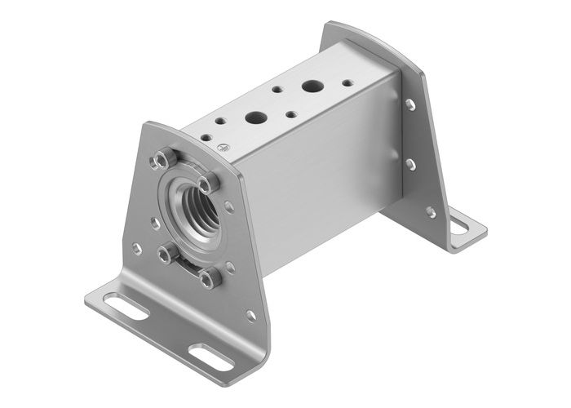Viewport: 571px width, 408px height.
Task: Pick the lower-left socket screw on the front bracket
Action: coord(167,254)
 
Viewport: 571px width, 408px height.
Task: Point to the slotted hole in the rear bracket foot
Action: coord(464,220)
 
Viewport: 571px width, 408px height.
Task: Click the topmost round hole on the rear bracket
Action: coord(409,104)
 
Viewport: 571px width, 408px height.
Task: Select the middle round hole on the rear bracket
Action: coord(409,164)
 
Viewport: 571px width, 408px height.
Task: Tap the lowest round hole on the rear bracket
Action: coord(430,211)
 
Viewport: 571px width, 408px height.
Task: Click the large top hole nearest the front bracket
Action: coord(255,117)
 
